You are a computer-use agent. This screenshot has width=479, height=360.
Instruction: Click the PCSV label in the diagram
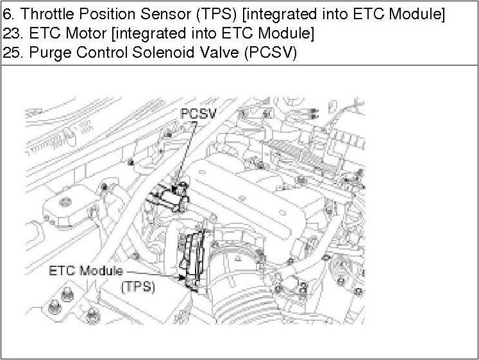[x=197, y=114]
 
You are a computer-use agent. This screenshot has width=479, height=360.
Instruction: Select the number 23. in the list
[x=12, y=33]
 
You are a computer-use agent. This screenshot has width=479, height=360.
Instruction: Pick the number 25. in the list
[x=12, y=53]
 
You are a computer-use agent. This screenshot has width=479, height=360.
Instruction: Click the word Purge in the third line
[x=44, y=53]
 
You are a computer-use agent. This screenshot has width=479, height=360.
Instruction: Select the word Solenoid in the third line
[x=154, y=53]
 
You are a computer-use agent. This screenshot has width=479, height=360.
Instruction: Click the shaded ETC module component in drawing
[x=194, y=260]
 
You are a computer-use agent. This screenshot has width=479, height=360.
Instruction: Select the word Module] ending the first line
[x=419, y=13]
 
